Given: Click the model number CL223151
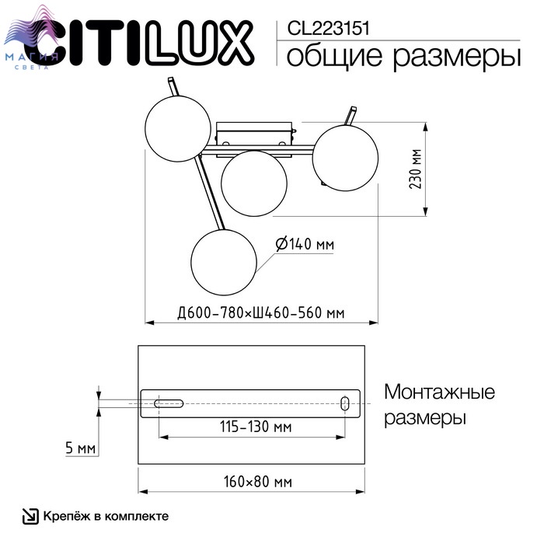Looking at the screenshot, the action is [328, 29].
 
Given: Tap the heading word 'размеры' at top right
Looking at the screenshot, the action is [457, 57].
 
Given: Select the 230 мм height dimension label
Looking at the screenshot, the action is [416, 169].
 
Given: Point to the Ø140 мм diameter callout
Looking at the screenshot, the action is [305, 244].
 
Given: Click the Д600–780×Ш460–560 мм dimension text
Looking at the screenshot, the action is [261, 313].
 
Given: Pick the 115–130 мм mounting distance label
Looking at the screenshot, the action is [256, 427].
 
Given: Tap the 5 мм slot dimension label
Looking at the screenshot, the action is [81, 448].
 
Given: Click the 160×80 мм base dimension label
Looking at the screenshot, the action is [258, 482].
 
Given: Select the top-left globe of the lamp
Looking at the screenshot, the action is [178, 129].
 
